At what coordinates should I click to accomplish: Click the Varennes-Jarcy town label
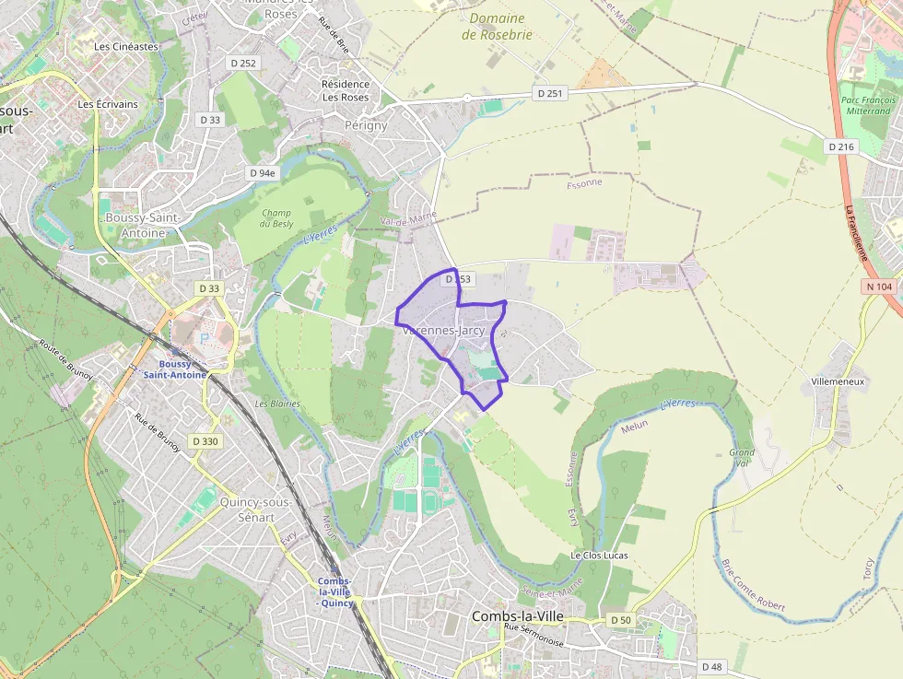pyautogui.click(x=444, y=330)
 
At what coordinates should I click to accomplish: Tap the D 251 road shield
pyautogui.click(x=549, y=93)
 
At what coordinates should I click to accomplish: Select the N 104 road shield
pyautogui.click(x=880, y=287)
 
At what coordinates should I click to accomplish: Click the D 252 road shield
pyautogui.click(x=245, y=63)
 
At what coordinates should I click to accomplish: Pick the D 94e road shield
pyautogui.click(x=263, y=173)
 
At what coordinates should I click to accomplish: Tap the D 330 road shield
pyautogui.click(x=206, y=441)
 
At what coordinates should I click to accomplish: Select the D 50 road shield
pyautogui.click(x=622, y=620)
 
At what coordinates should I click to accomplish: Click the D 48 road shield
pyautogui.click(x=711, y=666)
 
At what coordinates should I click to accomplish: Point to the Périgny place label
pyautogui.click(x=366, y=125)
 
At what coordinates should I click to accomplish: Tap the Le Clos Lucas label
pyautogui.click(x=598, y=556)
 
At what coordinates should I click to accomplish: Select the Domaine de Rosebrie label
pyautogui.click(x=497, y=26)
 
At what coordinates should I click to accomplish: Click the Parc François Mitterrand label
pyautogui.click(x=865, y=104)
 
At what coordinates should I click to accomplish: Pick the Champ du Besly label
pyautogui.click(x=276, y=218)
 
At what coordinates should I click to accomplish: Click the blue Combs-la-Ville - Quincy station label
pyautogui.click(x=335, y=591)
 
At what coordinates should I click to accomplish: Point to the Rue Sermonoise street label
pyautogui.click(x=534, y=627)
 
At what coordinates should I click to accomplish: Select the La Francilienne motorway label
pyautogui.click(x=857, y=232)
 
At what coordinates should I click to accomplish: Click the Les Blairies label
pyautogui.click(x=277, y=404)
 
